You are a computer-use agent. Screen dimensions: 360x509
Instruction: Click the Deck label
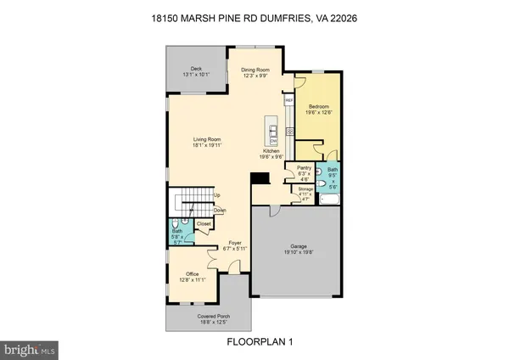[196, 69]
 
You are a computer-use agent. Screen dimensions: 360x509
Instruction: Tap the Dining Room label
[255, 69]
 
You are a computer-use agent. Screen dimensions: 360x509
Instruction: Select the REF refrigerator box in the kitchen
[288, 101]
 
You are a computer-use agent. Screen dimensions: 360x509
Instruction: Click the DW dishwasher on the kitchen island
[274, 140]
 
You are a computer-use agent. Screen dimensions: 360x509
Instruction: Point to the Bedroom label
[318, 107]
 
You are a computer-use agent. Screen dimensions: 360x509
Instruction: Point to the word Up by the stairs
[217, 194]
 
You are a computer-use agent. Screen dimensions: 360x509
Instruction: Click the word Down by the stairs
[219, 210]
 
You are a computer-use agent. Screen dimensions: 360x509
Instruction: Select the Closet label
[204, 224]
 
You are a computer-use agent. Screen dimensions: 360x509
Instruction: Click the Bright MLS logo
[29, 348]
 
